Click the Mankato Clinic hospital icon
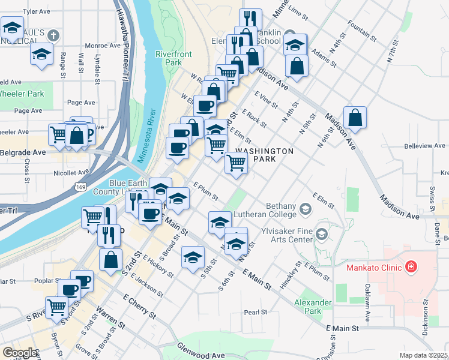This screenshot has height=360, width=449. tap(411, 265)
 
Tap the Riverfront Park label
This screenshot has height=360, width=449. tap(173, 58)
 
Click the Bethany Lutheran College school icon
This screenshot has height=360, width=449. tap(306, 209)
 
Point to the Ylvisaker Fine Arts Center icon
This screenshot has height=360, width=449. tap(322, 233)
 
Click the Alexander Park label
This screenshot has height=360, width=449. tap(313, 307)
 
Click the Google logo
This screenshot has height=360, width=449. tap(19, 353)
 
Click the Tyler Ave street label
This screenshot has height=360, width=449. tap(37, 11)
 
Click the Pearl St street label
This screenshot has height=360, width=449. tap(255, 312)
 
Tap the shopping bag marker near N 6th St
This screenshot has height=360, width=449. tap(355, 119)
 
